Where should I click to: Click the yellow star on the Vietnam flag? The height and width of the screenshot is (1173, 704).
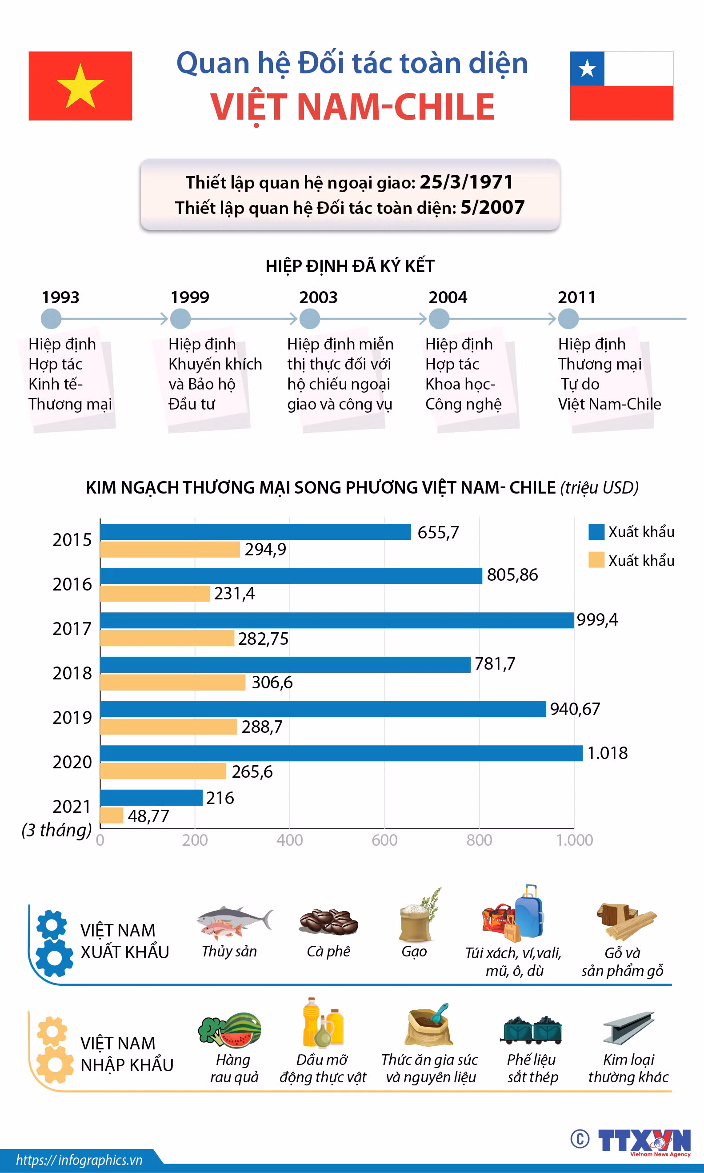(x=80, y=86)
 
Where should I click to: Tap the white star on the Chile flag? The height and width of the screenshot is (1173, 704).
(x=587, y=69)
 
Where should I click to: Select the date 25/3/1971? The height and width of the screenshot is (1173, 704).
(x=466, y=182)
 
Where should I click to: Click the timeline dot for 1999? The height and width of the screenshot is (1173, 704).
(x=180, y=318)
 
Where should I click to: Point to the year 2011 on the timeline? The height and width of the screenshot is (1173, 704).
(x=576, y=297)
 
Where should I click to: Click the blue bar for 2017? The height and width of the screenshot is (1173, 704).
(x=337, y=620)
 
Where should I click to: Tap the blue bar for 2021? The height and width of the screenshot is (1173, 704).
(x=151, y=798)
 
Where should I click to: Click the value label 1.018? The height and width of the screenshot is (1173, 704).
(x=607, y=753)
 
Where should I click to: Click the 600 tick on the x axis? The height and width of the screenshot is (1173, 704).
(x=384, y=840)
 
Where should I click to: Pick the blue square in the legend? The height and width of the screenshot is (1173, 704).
(x=596, y=532)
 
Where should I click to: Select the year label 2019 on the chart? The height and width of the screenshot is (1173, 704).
(x=72, y=718)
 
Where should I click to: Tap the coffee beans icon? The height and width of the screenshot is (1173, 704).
(x=328, y=921)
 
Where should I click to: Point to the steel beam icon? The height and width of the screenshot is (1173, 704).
(x=628, y=1028)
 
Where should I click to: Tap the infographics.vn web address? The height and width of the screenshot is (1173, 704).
(x=79, y=1160)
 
